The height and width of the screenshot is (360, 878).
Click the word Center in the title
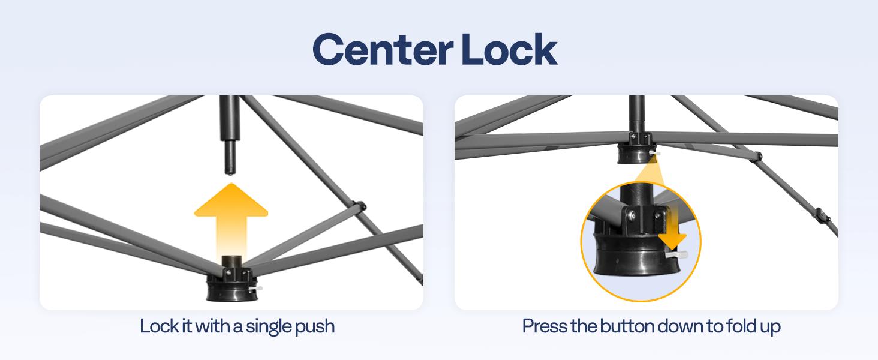(x=383, y=50)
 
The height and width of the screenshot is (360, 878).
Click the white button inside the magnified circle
(x=676, y=254)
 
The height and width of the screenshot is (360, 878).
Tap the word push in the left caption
(x=314, y=327)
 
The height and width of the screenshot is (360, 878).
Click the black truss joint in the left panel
(x=359, y=206)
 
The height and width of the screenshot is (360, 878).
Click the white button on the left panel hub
(x=256, y=289)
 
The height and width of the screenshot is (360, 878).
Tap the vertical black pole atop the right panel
(x=636, y=115)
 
